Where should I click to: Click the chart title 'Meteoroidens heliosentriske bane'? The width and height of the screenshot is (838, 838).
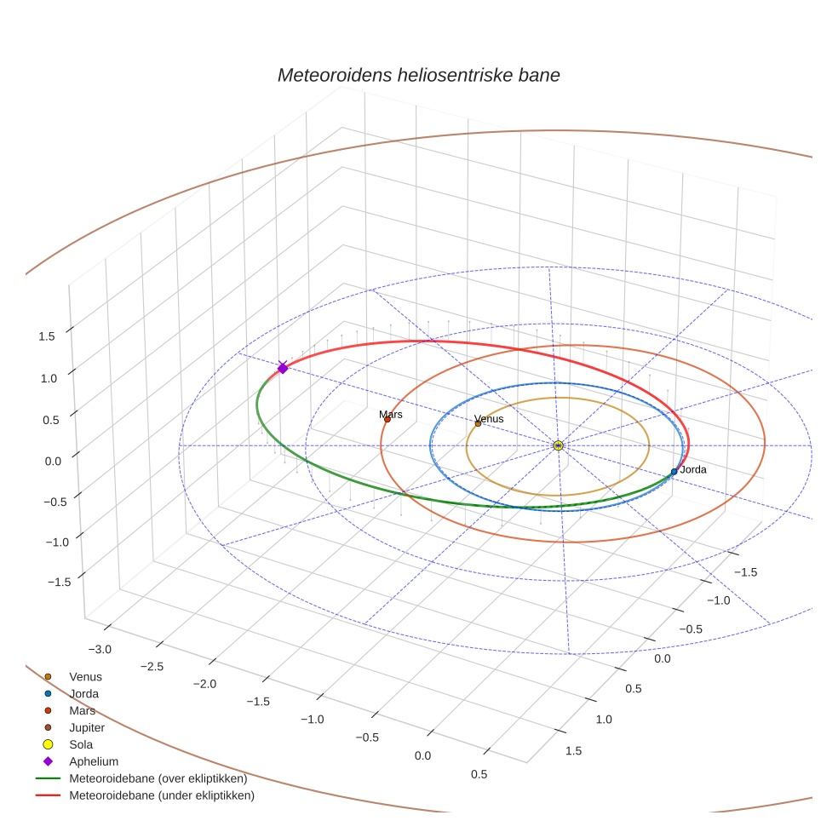[x=418, y=75]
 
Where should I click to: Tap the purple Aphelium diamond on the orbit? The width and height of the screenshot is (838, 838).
[x=283, y=367]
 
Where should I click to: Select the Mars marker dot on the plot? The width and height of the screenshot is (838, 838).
[x=387, y=419]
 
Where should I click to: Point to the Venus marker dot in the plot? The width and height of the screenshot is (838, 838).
[x=478, y=423]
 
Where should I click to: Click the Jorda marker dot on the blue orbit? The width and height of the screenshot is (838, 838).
[x=674, y=471]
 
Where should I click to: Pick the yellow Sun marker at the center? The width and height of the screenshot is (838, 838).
[x=558, y=445]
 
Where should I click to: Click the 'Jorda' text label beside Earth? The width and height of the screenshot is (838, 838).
[x=693, y=469]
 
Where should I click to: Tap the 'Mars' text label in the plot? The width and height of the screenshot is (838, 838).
[x=391, y=414]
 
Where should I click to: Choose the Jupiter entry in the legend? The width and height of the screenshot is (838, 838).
[x=87, y=727]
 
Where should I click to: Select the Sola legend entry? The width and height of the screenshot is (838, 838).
[x=81, y=744]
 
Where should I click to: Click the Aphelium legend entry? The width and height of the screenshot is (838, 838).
[x=94, y=761]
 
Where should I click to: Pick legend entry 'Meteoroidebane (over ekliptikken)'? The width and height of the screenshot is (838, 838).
[x=158, y=778]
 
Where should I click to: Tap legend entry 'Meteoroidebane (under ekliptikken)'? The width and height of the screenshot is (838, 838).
[x=161, y=795]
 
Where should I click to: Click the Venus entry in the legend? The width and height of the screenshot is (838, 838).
[x=85, y=676]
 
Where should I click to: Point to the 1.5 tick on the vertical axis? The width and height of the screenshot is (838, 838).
[x=47, y=336]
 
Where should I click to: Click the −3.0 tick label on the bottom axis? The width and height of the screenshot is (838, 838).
[x=100, y=650]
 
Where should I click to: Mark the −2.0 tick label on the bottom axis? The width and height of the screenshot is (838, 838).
[x=204, y=684]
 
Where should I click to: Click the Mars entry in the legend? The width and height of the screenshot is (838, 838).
[x=82, y=710]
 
